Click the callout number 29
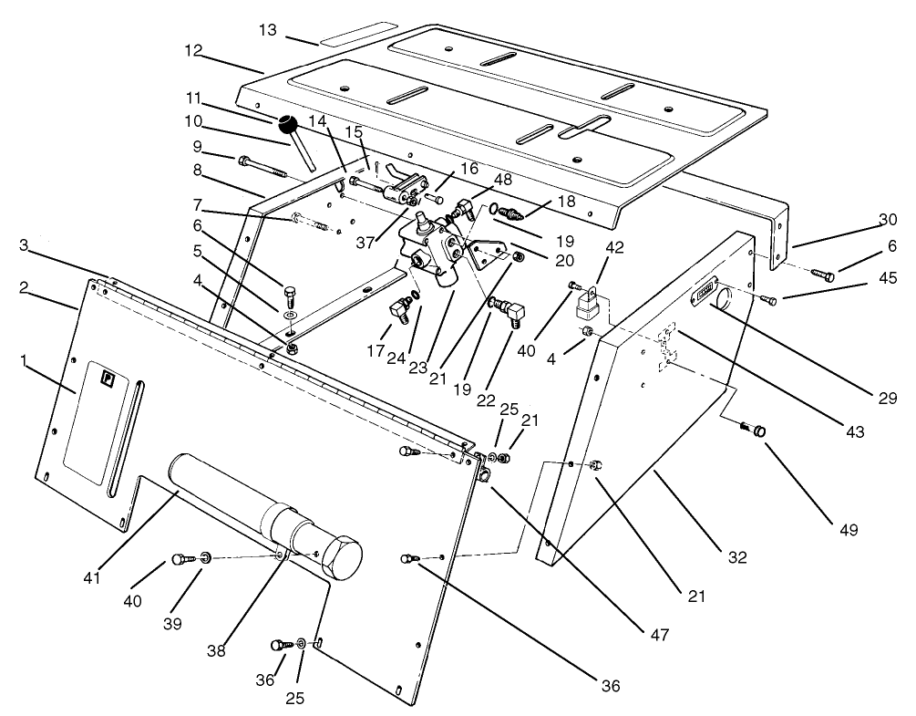pyautogui.click(x=888, y=398)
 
